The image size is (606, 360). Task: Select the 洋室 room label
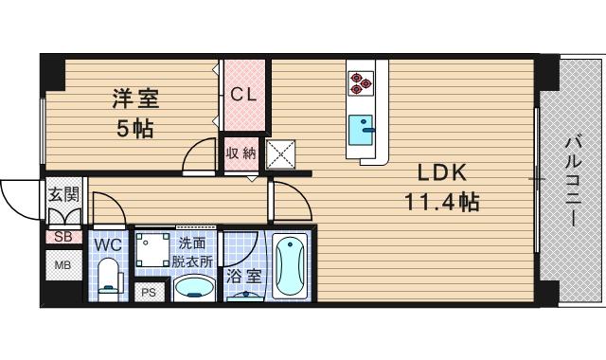click(135, 98)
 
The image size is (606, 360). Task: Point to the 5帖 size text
click(135, 129)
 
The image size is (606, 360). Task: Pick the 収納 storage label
click(240, 153)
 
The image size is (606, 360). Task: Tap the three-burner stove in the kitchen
click(361, 83)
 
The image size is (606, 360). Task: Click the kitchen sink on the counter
click(361, 128)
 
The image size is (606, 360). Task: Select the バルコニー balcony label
click(573, 180)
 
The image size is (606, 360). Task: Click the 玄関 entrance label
click(63, 196)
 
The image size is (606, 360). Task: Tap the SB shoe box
click(63, 237)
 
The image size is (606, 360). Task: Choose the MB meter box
click(62, 264)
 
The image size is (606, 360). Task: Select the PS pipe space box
click(148, 293)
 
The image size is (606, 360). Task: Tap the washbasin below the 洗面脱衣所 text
click(194, 288)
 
